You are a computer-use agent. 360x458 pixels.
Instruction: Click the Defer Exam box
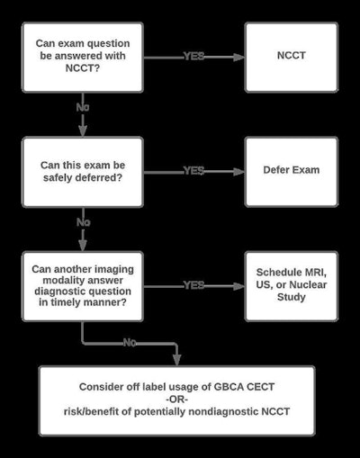click(x=291, y=170)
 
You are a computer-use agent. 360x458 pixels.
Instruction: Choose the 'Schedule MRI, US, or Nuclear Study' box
click(x=291, y=284)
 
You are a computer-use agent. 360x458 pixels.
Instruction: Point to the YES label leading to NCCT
click(x=193, y=56)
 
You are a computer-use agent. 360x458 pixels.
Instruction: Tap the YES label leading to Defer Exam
click(x=193, y=170)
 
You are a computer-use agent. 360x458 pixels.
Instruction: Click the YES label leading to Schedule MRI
click(x=193, y=284)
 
